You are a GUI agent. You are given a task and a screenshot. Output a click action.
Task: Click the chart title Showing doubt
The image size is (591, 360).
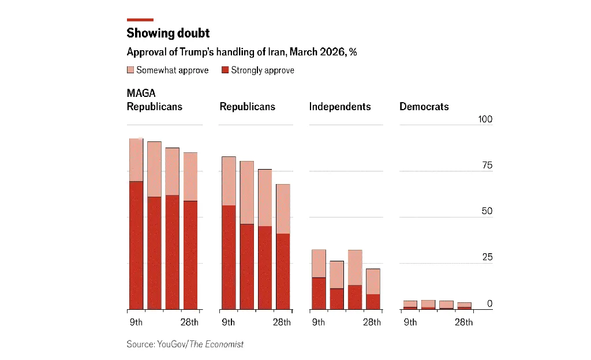point(168,33)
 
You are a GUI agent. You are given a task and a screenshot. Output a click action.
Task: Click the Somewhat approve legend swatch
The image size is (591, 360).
point(130,70)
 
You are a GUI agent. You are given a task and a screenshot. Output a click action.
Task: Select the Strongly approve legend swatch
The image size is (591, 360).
point(225,70)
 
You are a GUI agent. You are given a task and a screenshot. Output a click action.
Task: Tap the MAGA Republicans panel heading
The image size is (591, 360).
point(154,100)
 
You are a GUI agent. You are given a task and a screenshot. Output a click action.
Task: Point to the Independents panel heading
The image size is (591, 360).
point(340,107)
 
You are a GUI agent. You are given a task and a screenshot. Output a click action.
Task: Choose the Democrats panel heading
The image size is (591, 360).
point(424,107)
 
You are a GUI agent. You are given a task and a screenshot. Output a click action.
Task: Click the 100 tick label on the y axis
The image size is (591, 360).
point(485,119)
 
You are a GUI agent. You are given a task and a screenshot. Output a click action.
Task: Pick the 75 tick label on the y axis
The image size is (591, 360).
point(487,166)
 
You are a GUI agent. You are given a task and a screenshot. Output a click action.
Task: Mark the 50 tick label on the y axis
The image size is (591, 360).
point(487,211)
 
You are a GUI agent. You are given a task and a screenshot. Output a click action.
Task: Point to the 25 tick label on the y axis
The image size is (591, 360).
point(487,257)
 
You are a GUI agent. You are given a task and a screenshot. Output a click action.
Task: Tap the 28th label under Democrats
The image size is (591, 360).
point(463,322)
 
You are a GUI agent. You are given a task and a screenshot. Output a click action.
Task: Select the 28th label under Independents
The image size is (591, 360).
point(372,322)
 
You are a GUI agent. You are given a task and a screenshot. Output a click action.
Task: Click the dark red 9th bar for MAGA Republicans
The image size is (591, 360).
point(136,245)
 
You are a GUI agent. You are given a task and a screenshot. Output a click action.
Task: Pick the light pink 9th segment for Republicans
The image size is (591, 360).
point(229,181)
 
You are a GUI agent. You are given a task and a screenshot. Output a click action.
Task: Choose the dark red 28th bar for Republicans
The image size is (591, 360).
point(283,271)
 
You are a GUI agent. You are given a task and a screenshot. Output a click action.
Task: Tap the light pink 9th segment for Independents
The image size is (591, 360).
point(319,264)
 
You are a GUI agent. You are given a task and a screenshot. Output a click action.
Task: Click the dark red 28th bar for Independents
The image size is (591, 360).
point(373,302)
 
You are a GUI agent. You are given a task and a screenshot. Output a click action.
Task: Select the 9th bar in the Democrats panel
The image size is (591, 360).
point(410,305)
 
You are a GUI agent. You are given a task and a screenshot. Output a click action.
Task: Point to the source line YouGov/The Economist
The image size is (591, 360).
point(185,344)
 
